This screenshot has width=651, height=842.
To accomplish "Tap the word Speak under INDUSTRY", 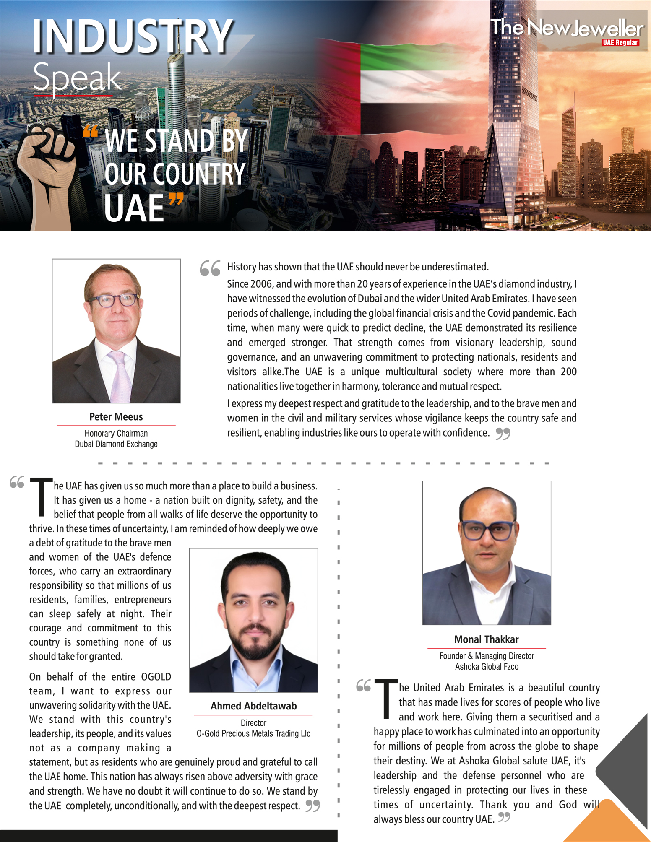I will coord(77,78).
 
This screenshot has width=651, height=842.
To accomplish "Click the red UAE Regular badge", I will coord(620,42).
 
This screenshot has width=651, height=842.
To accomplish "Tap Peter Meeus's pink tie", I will coord(119,375).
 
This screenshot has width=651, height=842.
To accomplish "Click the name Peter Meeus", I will coord(116,417).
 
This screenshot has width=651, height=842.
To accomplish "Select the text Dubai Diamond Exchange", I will coord(116,444).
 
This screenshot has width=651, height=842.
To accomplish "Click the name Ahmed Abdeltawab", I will coord(253,706).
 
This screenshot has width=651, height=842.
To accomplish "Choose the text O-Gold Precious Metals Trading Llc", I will coord(253,733).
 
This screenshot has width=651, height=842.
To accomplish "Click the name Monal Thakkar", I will coord(487,639).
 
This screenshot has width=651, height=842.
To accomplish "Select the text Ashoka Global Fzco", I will coord(487,667).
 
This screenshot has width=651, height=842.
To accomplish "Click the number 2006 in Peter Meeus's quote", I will coord(261,284).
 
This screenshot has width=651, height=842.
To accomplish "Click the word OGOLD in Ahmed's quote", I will coord(156,677).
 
